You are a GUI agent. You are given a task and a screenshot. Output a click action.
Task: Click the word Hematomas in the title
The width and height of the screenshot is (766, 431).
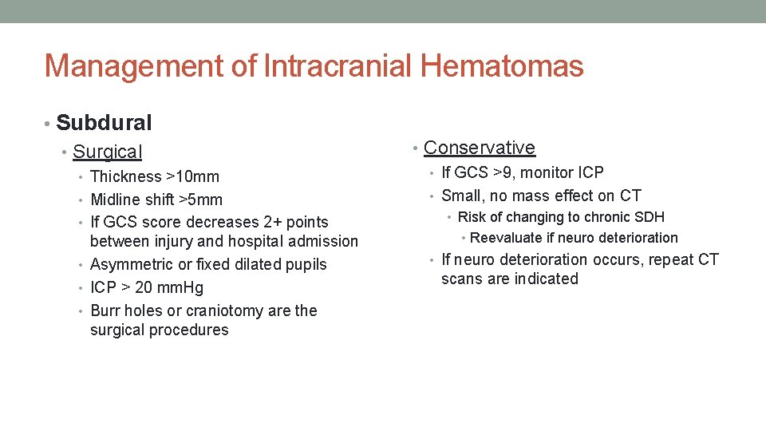(x=502, y=66)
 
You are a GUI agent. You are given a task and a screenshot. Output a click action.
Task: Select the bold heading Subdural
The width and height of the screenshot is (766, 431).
(x=104, y=123)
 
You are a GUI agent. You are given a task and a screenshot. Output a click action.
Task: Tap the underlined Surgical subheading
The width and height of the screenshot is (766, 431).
(x=107, y=152)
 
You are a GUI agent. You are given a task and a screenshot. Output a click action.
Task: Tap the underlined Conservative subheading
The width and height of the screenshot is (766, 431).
(x=479, y=148)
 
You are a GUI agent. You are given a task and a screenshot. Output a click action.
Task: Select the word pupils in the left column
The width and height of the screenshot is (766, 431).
(x=303, y=264)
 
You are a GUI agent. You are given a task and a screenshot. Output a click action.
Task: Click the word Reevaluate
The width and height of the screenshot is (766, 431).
(x=507, y=238)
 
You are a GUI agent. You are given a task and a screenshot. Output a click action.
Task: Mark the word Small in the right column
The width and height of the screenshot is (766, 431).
(x=462, y=196)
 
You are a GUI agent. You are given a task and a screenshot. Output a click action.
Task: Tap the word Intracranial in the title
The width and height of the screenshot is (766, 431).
(x=338, y=66)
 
